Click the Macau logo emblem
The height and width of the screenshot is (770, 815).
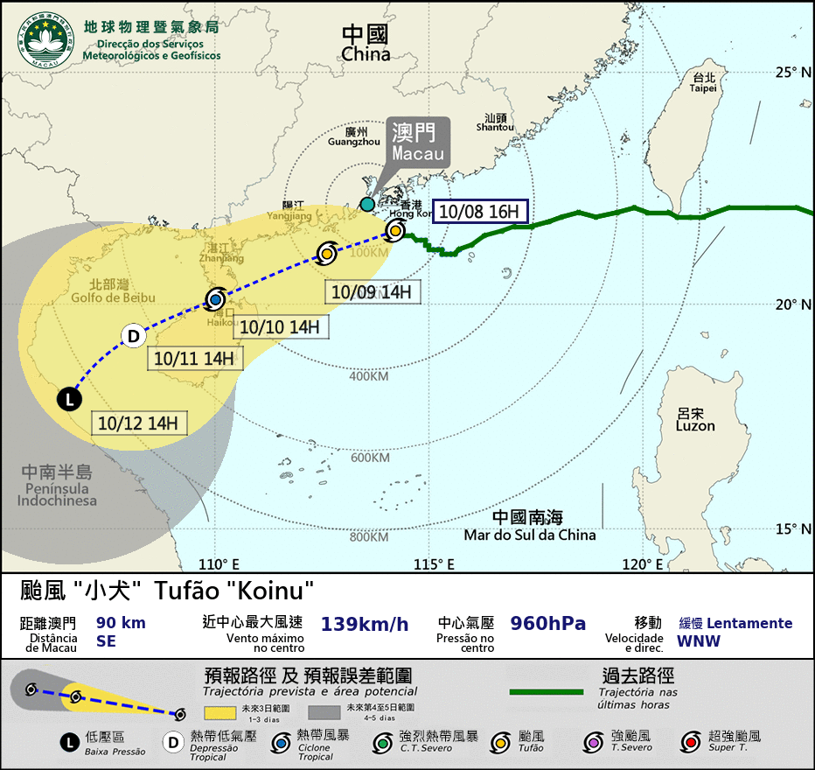(x=46, y=39)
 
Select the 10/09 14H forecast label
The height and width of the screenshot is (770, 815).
(x=372, y=292)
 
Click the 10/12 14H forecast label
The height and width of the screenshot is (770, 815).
(x=138, y=423)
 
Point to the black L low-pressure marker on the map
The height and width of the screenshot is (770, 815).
(x=69, y=400)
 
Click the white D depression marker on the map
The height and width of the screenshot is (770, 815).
(x=133, y=336)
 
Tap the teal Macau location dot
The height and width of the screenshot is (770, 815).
(x=367, y=205)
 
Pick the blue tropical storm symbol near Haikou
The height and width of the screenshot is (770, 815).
(x=215, y=298)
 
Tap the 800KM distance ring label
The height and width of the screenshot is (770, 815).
(x=368, y=536)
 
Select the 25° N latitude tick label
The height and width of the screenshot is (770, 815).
(x=793, y=73)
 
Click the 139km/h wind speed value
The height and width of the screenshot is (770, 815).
(x=365, y=624)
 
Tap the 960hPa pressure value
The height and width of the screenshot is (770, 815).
(x=548, y=624)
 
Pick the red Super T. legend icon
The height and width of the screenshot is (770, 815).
(x=691, y=740)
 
